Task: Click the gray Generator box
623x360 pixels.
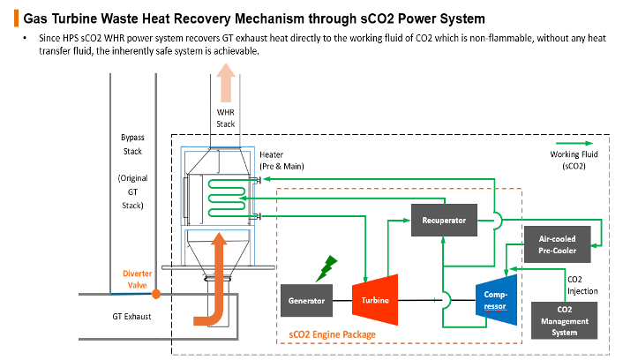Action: pos(306,301)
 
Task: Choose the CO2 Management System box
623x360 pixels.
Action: pos(565,320)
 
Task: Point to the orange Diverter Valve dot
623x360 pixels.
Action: pos(156,293)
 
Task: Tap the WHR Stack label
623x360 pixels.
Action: pos(226,118)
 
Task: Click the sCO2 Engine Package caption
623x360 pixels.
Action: pos(332,334)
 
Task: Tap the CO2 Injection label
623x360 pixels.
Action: pos(581,284)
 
